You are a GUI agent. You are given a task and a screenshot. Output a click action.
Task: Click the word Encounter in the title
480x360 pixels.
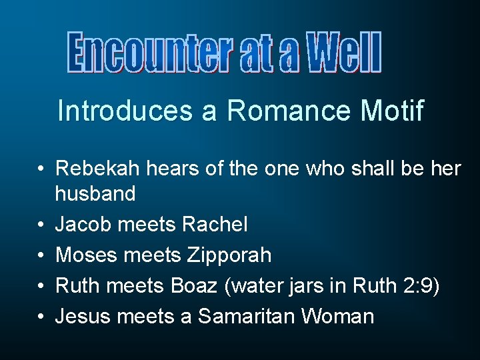[x=151, y=53]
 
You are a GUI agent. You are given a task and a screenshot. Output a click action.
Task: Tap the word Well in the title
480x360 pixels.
[x=344, y=53]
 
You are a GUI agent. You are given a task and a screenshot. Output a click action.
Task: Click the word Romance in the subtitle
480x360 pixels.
[x=288, y=111]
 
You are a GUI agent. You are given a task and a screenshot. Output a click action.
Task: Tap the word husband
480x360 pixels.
[x=95, y=194]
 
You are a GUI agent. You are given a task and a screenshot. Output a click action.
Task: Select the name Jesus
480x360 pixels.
[x=84, y=315]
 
